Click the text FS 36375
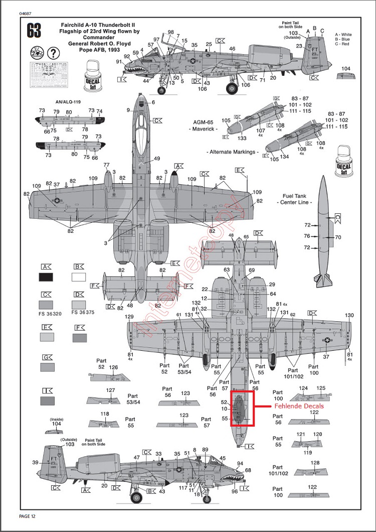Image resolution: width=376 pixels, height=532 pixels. click(83, 312)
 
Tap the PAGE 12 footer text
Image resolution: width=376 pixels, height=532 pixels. click(27, 516)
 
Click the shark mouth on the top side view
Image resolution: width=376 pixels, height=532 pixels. click(133, 65)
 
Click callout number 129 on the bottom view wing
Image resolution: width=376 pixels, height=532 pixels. click(129, 317)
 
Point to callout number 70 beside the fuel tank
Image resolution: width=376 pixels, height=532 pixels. click(337, 237)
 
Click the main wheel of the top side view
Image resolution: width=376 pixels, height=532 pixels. click(232, 89)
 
